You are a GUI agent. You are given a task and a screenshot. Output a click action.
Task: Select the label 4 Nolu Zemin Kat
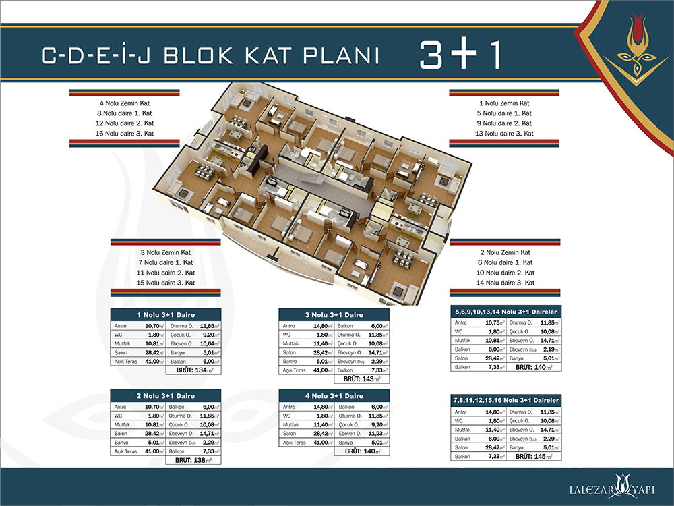[x=125, y=103]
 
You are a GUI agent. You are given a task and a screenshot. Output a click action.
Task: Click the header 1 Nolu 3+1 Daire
[x=165, y=314]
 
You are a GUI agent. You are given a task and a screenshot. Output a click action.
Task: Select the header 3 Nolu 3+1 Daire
[x=335, y=314]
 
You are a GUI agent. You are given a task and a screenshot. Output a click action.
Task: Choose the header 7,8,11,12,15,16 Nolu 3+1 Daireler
[x=506, y=400]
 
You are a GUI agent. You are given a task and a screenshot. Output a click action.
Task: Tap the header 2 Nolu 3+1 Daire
[x=165, y=395]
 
